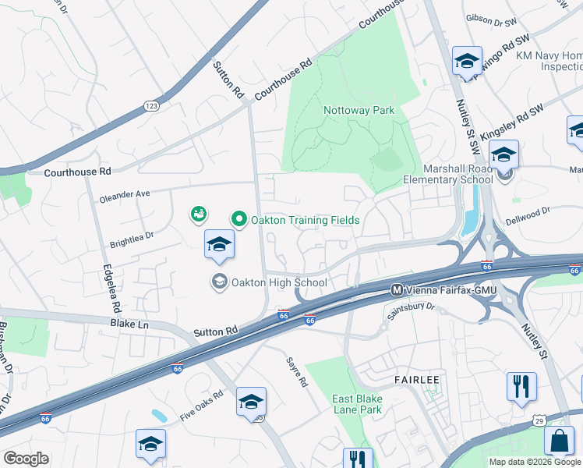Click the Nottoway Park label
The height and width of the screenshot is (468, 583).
359,110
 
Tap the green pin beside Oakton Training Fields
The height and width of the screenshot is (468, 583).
238,220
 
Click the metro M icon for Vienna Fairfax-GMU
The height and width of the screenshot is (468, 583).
397,290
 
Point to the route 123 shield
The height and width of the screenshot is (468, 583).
150,105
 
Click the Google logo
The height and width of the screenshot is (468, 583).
26,459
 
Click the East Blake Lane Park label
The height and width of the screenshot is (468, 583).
357,403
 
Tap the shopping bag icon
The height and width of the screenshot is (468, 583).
559,441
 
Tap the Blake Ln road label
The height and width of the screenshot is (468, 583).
129,321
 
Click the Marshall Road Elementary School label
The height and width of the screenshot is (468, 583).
458,174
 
